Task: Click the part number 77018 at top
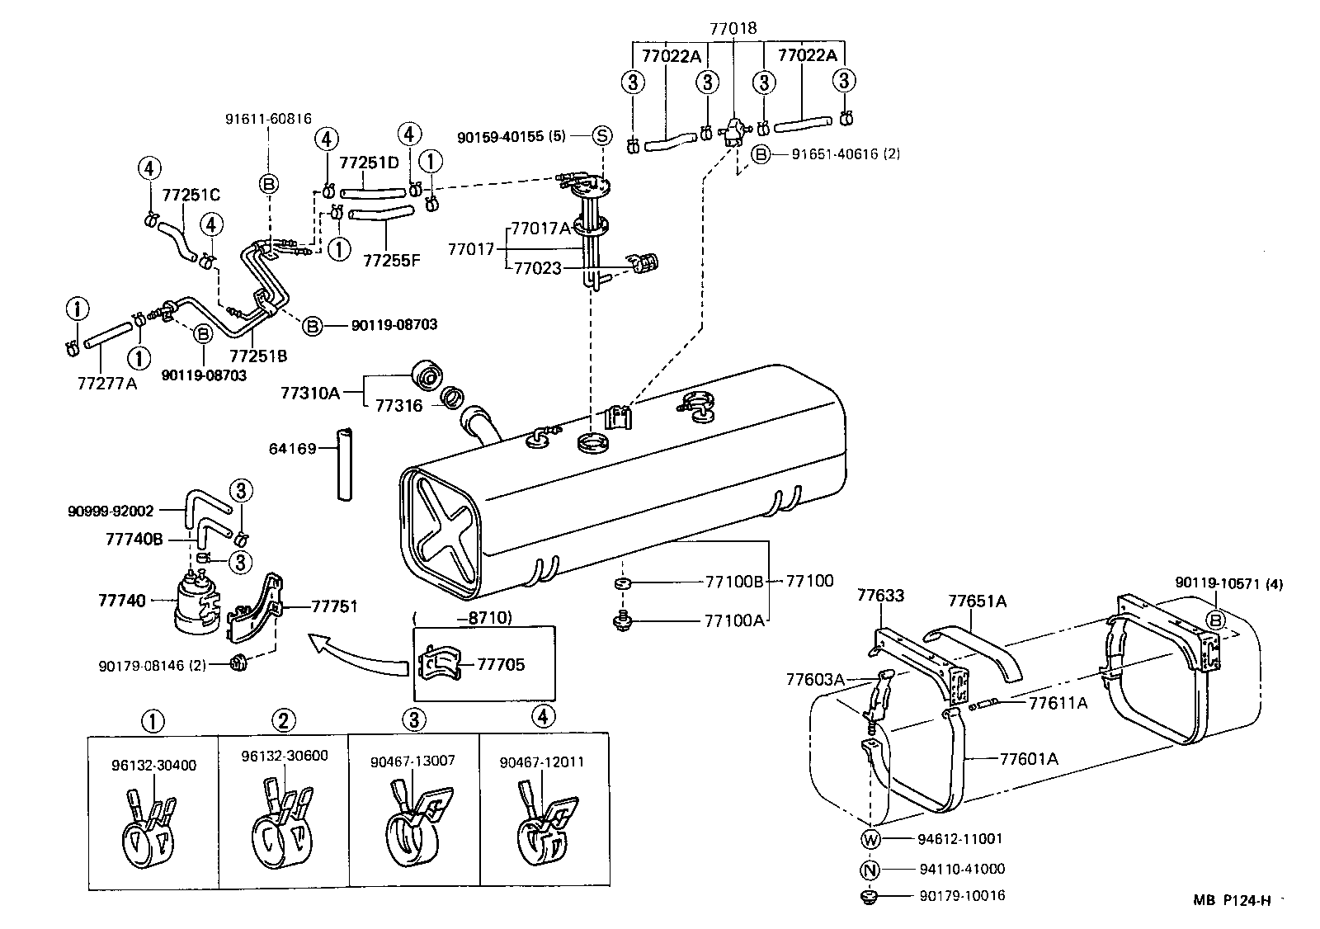point(733,29)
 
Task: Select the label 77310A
point(310,394)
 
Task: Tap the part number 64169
point(293,449)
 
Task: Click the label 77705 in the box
point(501,664)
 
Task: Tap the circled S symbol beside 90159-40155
point(601,136)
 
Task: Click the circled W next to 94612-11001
point(871,839)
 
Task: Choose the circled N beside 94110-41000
point(871,869)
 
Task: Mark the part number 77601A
point(1029,758)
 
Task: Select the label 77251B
point(258,356)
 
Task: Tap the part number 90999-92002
point(111,512)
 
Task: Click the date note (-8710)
point(463,617)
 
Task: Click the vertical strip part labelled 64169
point(344,464)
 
